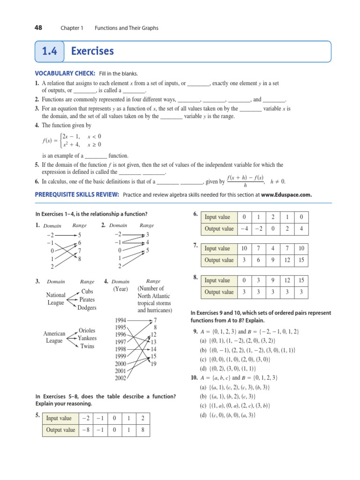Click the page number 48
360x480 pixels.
[38, 28]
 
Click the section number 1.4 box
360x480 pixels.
[49, 51]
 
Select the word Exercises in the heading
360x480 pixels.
[92, 51]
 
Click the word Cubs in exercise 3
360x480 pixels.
[87, 291]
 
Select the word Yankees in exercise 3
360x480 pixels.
[87, 338]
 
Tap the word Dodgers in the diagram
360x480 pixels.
[87, 308]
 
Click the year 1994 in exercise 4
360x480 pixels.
[120, 320]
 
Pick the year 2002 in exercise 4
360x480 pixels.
[120, 378]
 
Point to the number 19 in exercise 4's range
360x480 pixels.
[154, 364]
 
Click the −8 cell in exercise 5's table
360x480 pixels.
[85, 430]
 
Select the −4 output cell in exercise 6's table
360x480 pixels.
[244, 229]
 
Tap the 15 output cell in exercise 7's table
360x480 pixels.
[301, 260]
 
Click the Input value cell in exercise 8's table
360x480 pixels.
[217, 280]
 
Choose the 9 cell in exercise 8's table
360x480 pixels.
[273, 280]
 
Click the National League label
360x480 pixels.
[56, 299]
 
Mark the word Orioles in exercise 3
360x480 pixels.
[87, 330]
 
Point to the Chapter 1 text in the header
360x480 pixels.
[71, 28]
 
